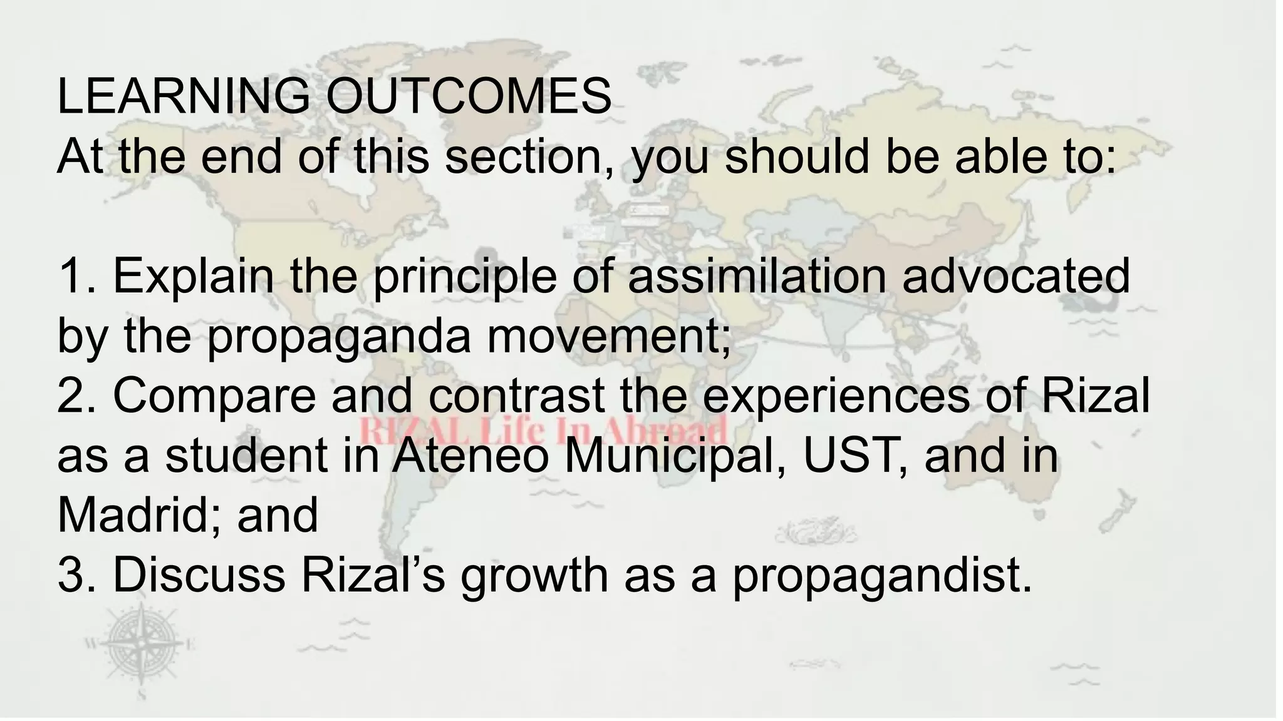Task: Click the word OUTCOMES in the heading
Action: pos(469,97)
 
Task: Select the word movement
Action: pos(608,336)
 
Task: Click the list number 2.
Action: pos(74,396)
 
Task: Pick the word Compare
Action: pos(215,396)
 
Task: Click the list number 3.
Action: pos(74,575)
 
